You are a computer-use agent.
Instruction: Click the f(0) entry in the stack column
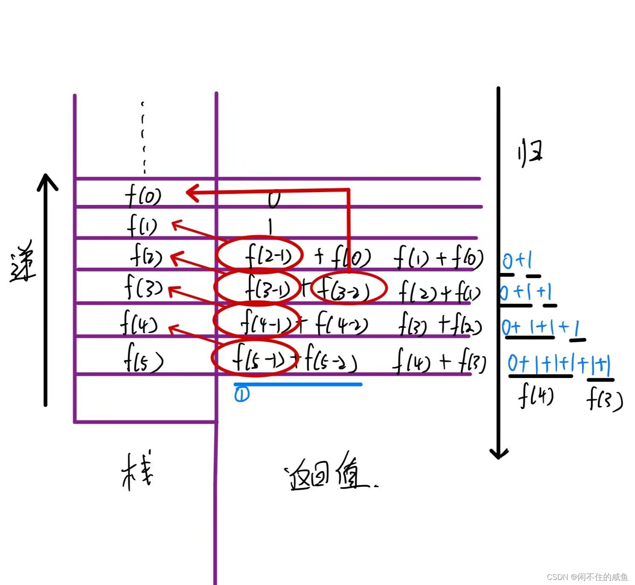pyautogui.click(x=143, y=196)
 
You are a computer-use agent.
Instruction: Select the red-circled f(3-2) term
pyautogui.click(x=348, y=289)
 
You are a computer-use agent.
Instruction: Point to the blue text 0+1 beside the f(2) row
pyautogui.click(x=517, y=260)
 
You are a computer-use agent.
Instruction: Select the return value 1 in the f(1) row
pyautogui.click(x=270, y=226)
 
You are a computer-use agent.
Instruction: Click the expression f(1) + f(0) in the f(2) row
pyautogui.click(x=438, y=258)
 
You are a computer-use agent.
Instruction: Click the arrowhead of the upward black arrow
pyautogui.click(x=47, y=181)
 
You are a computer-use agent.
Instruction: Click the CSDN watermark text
pyautogui.click(x=587, y=577)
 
